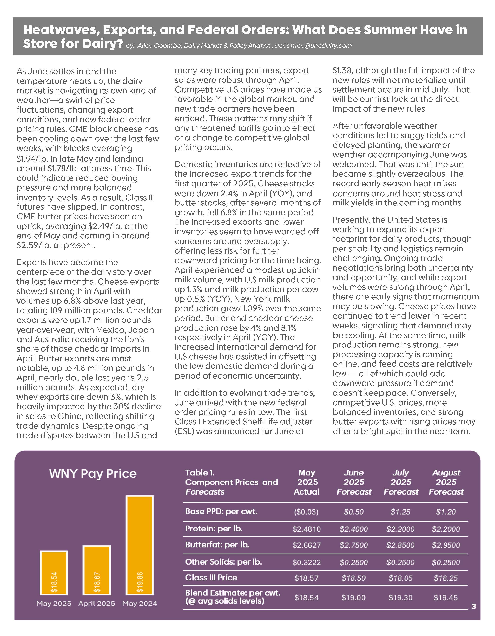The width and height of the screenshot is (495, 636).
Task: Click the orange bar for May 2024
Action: click(x=140, y=545)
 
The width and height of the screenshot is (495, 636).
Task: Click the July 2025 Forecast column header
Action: click(x=401, y=482)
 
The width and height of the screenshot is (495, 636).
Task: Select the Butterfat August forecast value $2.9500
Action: click(x=446, y=545)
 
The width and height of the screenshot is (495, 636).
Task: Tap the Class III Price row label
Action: click(x=211, y=577)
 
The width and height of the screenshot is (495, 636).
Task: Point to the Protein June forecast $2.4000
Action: click(x=353, y=529)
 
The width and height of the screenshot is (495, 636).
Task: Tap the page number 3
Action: click(x=474, y=606)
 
